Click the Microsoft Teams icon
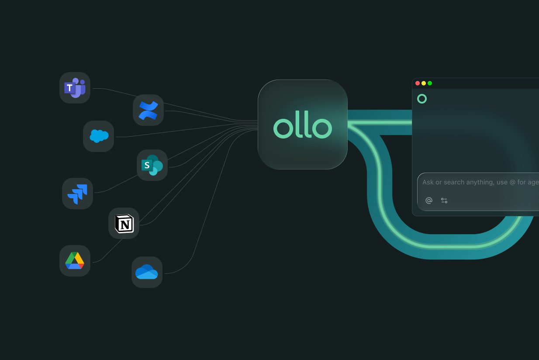[75, 88]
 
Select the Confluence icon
[148, 110]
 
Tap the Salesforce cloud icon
[99, 136]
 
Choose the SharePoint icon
[152, 165]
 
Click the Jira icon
[77, 194]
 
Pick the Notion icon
[124, 223]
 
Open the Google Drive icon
[75, 261]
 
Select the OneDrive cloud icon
[147, 272]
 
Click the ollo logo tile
[302, 125]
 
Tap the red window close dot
[418, 83]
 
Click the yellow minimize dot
[424, 83]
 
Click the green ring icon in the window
[422, 99]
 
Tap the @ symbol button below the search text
[429, 201]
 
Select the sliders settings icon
[444, 201]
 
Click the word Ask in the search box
[428, 182]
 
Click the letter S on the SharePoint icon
[147, 165]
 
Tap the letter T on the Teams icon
[69, 88]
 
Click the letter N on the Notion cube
[125, 225]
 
